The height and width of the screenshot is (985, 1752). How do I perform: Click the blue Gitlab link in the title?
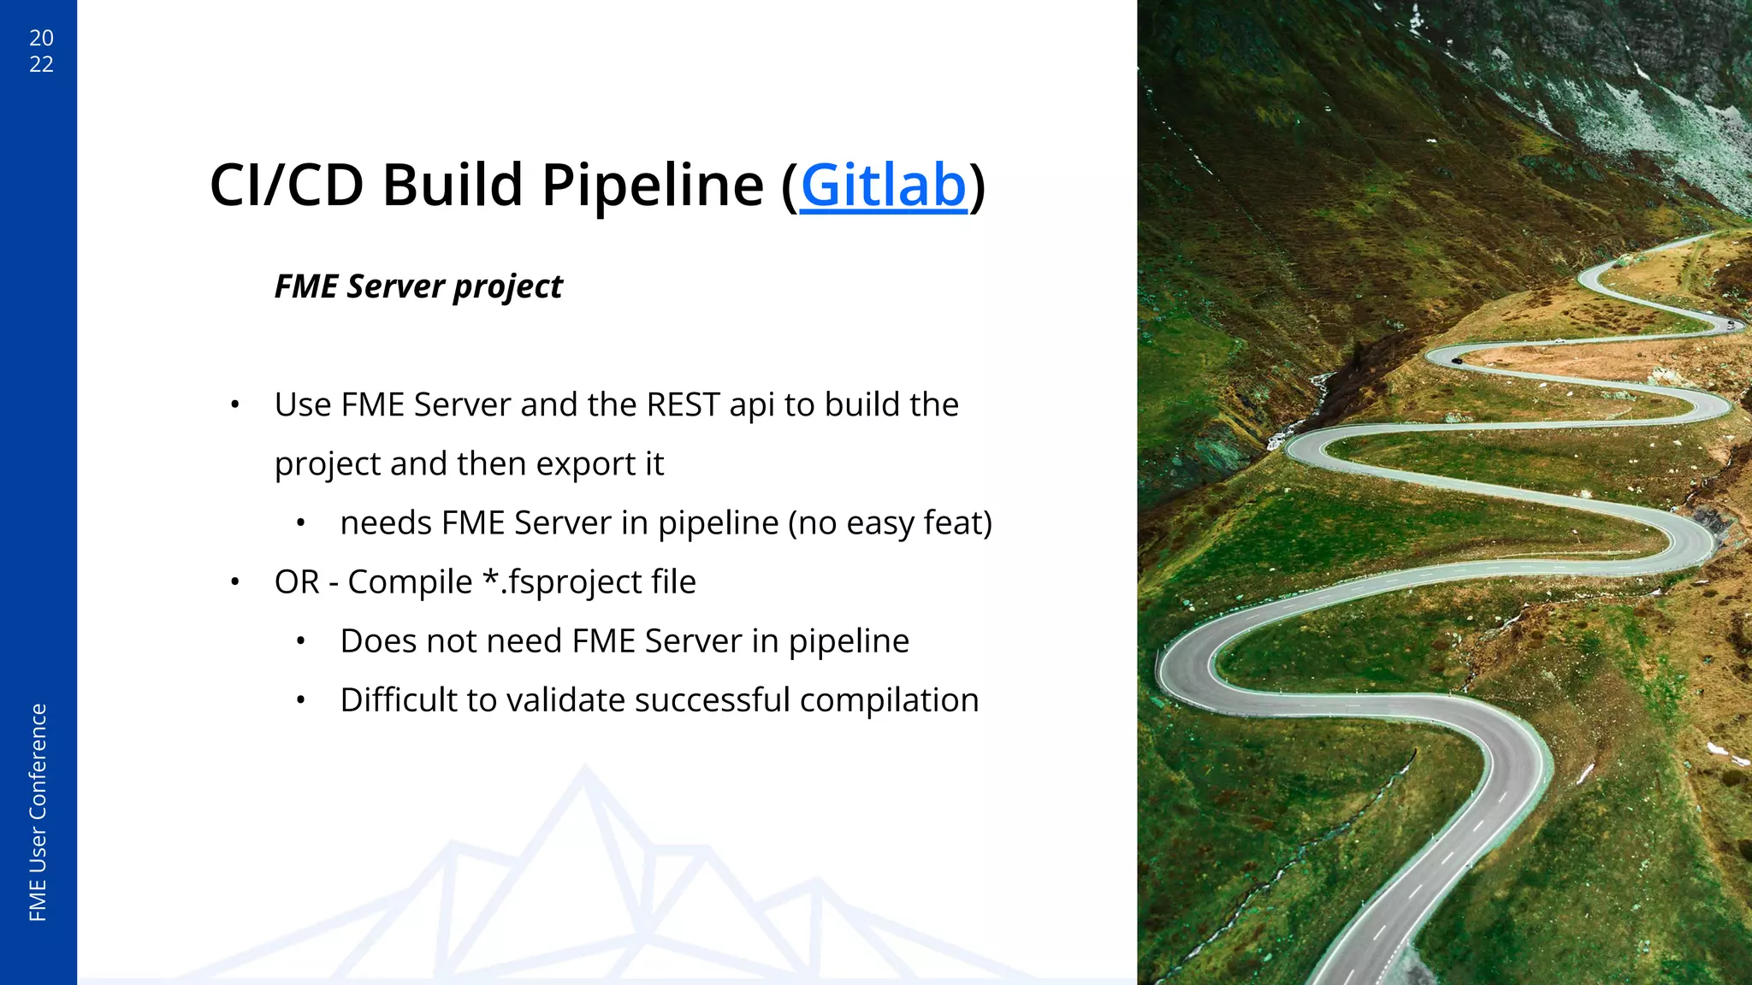(x=883, y=186)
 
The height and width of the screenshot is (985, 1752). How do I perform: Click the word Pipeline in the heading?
(x=652, y=186)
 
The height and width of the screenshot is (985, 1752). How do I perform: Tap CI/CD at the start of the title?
(x=286, y=186)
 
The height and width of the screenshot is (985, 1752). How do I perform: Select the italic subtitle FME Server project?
(x=418, y=286)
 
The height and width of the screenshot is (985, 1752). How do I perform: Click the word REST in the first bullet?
(x=683, y=404)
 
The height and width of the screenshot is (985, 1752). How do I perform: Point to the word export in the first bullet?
(x=585, y=463)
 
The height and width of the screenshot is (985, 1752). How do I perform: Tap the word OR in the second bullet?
(x=296, y=581)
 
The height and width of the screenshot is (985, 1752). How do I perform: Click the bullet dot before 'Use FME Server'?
(x=234, y=404)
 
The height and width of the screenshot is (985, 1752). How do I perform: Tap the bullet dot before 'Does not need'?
(x=300, y=641)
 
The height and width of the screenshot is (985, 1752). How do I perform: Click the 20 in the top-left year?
(x=41, y=38)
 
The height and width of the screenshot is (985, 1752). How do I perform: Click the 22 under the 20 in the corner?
(x=41, y=64)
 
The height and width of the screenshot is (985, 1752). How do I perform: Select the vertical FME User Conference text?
(x=38, y=812)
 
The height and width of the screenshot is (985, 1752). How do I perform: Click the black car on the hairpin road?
(x=1457, y=361)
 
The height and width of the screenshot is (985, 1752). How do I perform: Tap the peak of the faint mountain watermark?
(x=584, y=770)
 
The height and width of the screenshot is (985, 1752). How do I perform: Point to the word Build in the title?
(x=452, y=186)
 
